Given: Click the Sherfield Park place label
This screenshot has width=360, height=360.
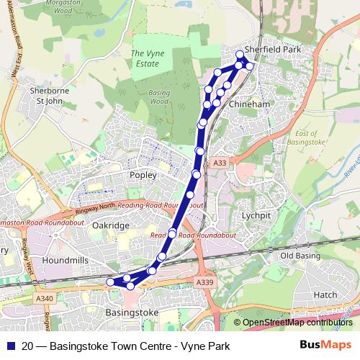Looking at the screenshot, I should [x=272, y=49].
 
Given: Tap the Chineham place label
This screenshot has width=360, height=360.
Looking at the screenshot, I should [x=248, y=105].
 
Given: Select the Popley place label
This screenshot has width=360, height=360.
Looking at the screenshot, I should [x=143, y=174].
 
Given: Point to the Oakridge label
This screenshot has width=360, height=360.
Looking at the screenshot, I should [x=111, y=225].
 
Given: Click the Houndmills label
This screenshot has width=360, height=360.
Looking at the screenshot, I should [x=65, y=258].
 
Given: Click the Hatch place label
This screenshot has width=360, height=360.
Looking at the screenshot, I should [x=325, y=294].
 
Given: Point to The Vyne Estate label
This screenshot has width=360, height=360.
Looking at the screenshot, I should [x=145, y=58].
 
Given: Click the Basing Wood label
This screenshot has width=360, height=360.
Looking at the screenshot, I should [x=158, y=97].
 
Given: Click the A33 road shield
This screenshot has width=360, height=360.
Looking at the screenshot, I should [x=221, y=164].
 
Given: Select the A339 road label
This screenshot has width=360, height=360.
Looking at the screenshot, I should [x=204, y=282].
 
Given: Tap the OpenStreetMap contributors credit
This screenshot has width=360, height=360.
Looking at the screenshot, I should [x=297, y=323].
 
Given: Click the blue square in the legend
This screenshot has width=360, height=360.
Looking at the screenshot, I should [x=9, y=346].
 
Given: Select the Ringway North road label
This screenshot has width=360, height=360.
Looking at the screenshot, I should [x=95, y=211].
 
